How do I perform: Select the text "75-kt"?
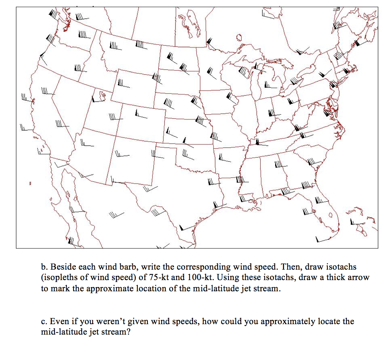click(x=149, y=277)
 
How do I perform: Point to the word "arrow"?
click(x=358, y=277)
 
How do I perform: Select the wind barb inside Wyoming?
click(x=123, y=84)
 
